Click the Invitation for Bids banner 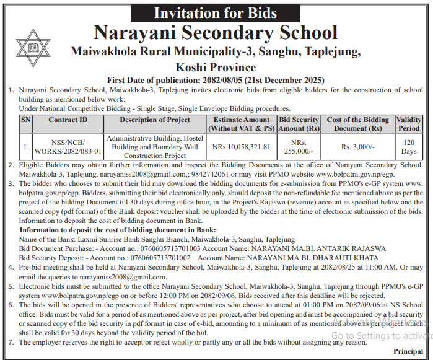[215, 12]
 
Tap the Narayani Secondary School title [216, 33]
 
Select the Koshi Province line [216, 67]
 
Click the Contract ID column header [68, 120]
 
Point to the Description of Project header [155, 120]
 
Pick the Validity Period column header [409, 124]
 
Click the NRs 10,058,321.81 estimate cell [242, 147]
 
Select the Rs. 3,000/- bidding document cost [358, 147]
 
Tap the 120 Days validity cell [409, 147]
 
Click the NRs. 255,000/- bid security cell [299, 147]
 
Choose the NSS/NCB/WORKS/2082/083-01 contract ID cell [68, 147]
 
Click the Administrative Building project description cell [155, 147]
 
